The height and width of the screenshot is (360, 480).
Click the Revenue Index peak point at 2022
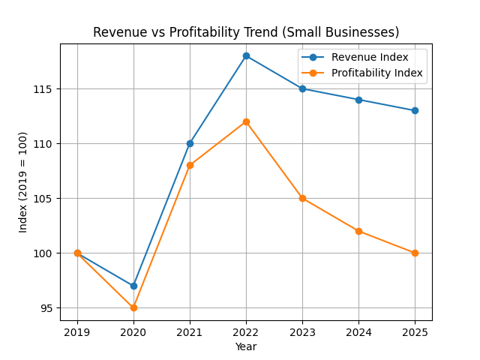(246, 55)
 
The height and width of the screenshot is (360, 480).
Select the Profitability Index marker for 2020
(133, 307)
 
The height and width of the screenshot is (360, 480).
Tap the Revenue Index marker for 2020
(133, 286)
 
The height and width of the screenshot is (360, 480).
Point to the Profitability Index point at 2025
(415, 253)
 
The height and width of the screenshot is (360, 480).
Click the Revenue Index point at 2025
(415, 110)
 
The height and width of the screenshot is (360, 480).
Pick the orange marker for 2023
(302, 198)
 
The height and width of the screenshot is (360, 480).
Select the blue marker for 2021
(190, 143)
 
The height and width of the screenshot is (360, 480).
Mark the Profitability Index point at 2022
(246, 121)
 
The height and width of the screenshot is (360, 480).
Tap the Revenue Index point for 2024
(358, 100)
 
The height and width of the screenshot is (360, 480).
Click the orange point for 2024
(358, 231)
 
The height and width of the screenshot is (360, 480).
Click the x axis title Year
(246, 346)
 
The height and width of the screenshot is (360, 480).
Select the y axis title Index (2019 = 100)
(23, 181)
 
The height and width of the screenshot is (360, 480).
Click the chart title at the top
(246, 32)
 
